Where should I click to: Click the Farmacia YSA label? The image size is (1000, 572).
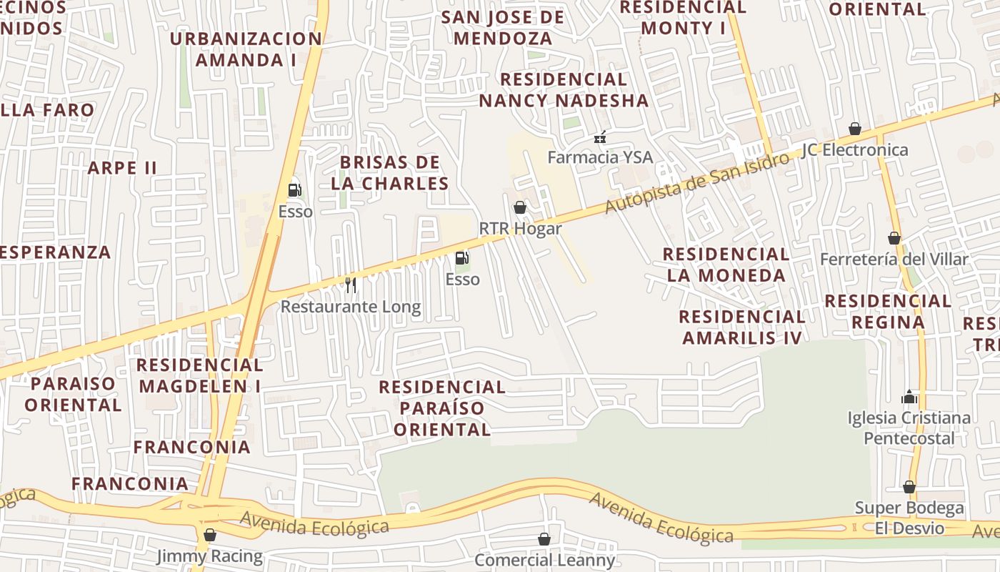click(x=600, y=157)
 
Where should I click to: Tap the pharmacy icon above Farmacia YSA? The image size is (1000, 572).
click(x=600, y=136)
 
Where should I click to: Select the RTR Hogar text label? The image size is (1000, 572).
click(x=520, y=229)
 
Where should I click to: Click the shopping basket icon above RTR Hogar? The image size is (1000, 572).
click(x=520, y=207)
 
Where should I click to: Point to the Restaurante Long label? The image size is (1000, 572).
click(x=351, y=307)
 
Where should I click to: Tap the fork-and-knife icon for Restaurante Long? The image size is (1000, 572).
click(x=351, y=285)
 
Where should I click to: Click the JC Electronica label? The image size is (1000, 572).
click(x=854, y=149)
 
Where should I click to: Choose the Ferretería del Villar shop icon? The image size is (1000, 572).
click(x=894, y=238)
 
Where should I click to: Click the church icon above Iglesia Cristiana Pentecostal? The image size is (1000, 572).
click(x=909, y=396)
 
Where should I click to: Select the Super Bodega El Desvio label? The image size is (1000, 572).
click(x=909, y=518)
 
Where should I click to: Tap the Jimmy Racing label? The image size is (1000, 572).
click(x=209, y=556)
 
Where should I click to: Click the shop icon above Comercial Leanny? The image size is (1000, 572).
click(x=544, y=539)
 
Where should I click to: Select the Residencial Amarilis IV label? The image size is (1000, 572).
click(x=742, y=327)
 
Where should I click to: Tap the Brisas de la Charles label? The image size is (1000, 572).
click(x=390, y=172)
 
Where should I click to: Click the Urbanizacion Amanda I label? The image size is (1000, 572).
click(x=246, y=49)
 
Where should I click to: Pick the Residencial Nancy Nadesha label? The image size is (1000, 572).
click(x=564, y=89)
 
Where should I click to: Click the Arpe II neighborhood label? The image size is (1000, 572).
click(x=121, y=168)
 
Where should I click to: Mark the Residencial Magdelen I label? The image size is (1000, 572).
click(x=200, y=375)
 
